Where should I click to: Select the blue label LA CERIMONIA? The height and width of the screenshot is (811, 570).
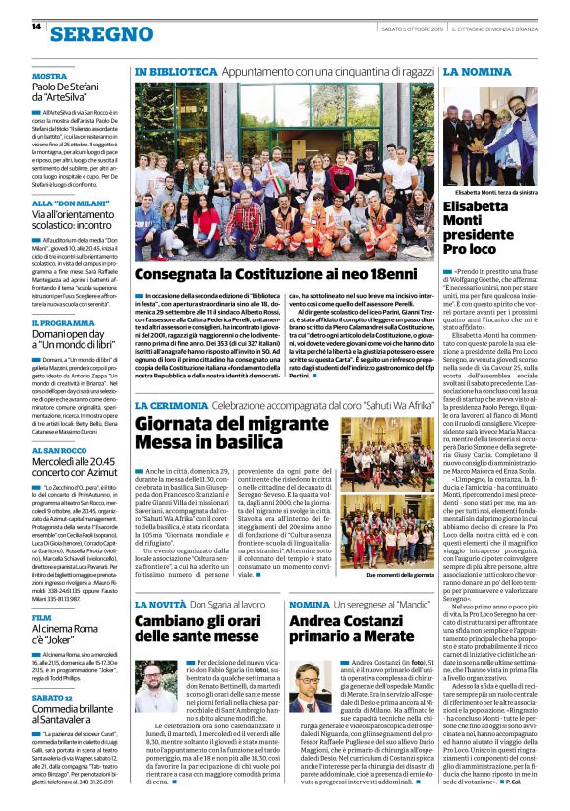point(172,405)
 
